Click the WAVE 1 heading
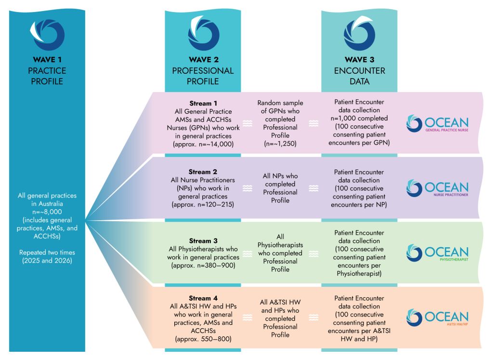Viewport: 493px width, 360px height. pos(47,59)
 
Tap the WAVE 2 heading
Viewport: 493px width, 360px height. pos(204,59)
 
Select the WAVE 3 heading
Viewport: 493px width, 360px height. pos(359,59)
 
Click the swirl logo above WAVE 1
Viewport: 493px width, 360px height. pos(48,35)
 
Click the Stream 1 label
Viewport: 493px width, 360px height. pos(203,103)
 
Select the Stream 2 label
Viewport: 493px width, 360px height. pos(203,172)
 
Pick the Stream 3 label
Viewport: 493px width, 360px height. pos(203,241)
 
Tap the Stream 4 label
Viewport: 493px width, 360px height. pos(203,298)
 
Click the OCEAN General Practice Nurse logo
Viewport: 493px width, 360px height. pos(437,123)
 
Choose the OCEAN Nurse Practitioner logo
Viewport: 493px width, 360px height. pos(437,188)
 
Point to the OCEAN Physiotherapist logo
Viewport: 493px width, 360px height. pos(437,253)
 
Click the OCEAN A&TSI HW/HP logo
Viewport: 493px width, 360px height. pos(437,318)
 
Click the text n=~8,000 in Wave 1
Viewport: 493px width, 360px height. pos(47,212)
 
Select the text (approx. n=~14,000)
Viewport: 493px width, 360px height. pos(203,144)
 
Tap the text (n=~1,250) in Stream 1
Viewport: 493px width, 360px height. pos(280,144)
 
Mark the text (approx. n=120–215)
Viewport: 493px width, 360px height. pos(203,204)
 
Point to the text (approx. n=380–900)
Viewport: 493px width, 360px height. pos(203,265)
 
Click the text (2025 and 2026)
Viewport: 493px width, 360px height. pos(47,261)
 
